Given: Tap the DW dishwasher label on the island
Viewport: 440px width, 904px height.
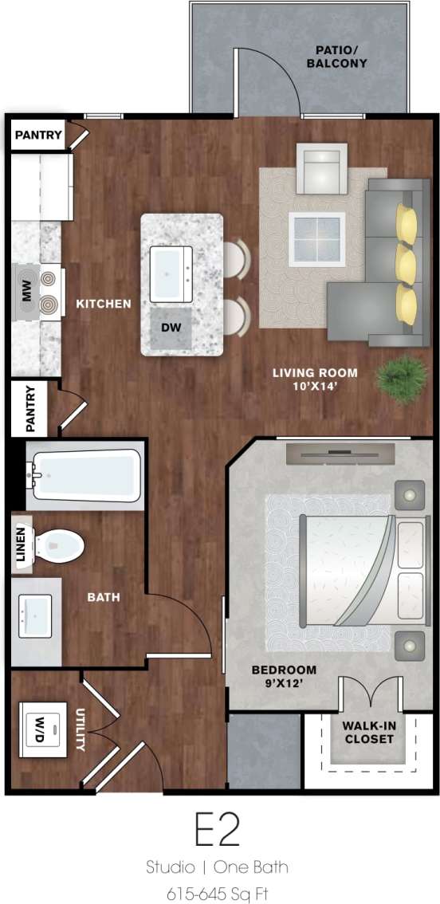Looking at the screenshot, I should point(171,328).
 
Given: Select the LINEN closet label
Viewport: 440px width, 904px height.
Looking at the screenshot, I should point(22,544).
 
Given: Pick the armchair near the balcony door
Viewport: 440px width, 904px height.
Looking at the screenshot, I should point(321,168).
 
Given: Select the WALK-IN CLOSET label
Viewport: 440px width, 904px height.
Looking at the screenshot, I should point(368,732).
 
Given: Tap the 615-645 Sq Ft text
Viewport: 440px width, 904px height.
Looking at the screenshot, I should point(217,893).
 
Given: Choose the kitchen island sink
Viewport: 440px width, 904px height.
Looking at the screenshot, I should point(171,273).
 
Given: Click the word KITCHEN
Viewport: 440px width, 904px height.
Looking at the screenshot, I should point(104,304).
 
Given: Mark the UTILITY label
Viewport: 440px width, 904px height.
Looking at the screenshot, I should point(81,730).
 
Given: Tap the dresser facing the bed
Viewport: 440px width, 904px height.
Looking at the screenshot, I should point(340,454).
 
